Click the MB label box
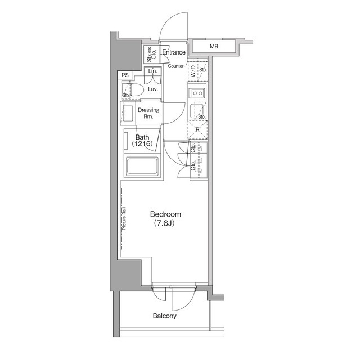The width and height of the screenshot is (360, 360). [214, 47]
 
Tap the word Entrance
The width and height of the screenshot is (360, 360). [174, 53]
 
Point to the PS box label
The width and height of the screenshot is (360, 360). [125, 75]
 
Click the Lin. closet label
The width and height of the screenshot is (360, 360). [152, 71]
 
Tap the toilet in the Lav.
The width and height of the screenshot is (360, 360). [136, 89]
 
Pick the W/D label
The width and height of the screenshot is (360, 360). [193, 71]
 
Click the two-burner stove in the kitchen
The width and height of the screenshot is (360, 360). [197, 93]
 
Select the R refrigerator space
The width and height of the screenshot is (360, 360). [197, 130]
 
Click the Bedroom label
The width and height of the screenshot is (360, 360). [165, 214]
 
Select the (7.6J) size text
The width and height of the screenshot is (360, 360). [165, 224]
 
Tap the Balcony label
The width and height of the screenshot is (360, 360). [165, 316]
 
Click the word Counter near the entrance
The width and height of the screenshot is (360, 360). [177, 66]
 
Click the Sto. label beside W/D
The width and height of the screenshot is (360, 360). [204, 71]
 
